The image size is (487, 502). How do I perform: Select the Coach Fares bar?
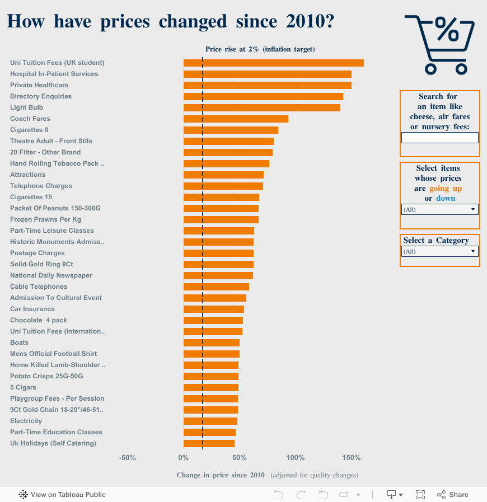pos(236,119)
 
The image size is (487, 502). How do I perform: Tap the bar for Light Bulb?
pos(261,107)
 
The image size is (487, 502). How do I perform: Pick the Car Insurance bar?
pos(213,309)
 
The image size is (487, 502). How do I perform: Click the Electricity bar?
pos(210,421)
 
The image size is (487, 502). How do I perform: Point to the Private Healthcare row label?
pos(39,85)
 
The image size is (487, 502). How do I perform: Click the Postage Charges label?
pos(38,253)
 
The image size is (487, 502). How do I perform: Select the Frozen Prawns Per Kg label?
pos(45,219)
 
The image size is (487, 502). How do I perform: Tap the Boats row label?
pos(19,343)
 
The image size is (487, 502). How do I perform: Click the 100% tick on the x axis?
pos(295,458)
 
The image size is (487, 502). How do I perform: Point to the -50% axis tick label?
pos(128,458)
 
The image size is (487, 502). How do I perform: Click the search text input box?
pos(439,138)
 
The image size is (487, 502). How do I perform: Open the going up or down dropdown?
pos(439,209)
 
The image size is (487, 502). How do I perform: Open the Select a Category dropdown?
pos(439,251)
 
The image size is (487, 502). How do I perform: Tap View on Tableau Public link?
pos(62,495)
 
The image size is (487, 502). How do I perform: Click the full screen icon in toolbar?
pos(420,495)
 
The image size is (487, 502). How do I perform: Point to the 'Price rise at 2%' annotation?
pos(260,49)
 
